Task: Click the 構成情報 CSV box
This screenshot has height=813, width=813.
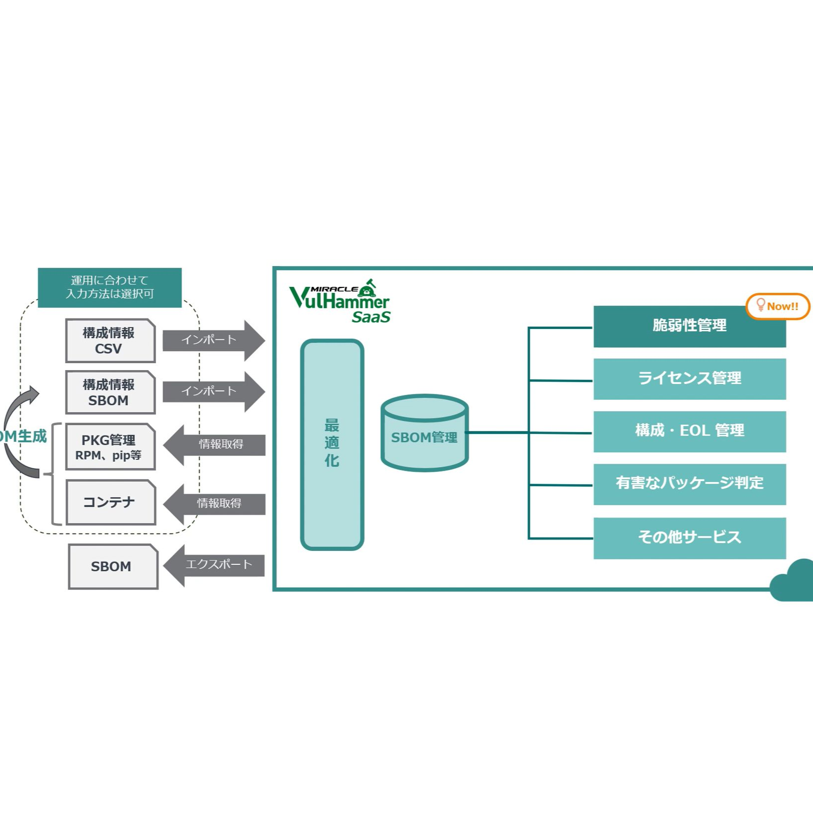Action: (x=110, y=341)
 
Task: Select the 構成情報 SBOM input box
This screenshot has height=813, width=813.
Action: (x=110, y=392)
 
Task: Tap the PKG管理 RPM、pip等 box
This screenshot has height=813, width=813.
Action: (x=110, y=447)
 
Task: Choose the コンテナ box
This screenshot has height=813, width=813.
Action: (x=110, y=502)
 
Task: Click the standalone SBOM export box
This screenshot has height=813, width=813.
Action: (x=113, y=566)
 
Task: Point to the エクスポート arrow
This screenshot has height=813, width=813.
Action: (x=214, y=565)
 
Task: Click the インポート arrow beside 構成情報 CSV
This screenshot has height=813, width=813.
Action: (x=213, y=340)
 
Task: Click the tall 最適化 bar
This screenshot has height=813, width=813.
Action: (x=332, y=444)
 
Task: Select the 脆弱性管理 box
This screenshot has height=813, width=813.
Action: (x=689, y=326)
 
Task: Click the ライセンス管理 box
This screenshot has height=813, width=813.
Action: (x=689, y=379)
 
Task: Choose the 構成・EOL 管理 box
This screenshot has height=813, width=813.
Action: (x=689, y=432)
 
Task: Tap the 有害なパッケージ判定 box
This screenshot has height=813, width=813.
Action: (x=689, y=484)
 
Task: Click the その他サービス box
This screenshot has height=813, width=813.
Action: (x=689, y=538)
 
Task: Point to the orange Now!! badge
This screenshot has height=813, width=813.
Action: (x=777, y=307)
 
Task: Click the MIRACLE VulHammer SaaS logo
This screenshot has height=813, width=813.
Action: (x=340, y=301)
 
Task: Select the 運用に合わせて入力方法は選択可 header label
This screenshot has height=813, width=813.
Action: (x=109, y=287)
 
